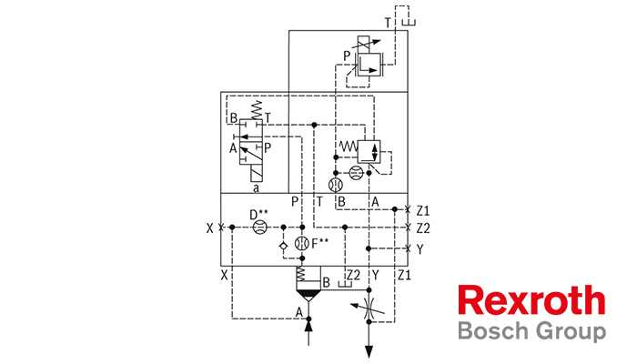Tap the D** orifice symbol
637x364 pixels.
click(258, 227)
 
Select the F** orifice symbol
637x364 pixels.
click(302, 244)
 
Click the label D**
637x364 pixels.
click(259, 214)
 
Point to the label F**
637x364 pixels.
click(320, 243)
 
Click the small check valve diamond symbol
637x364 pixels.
click(284, 245)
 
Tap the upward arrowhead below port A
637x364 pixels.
click(307, 325)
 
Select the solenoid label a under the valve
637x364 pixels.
click(256, 187)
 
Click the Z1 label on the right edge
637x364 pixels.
click(422, 208)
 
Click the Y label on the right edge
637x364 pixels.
click(420, 248)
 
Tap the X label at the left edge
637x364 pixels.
click(210, 227)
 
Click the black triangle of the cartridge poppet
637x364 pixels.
click(307, 295)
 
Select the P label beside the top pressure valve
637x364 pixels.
click(347, 56)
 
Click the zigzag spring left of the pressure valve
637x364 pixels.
click(349, 147)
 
